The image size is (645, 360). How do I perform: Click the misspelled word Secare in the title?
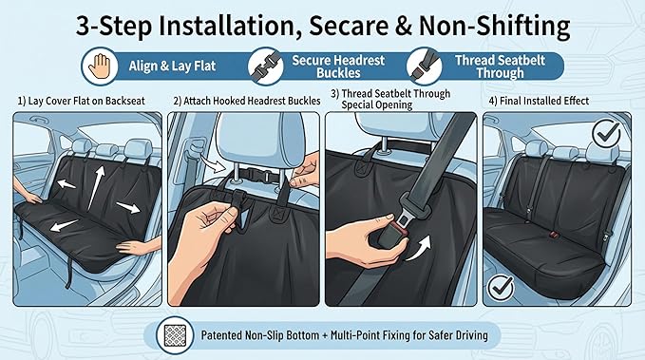coord(349,26)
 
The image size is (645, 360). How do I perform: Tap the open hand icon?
coord(100,66)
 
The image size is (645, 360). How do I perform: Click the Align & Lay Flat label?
coord(172,66)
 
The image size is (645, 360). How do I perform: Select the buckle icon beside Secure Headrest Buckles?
coord(266,66)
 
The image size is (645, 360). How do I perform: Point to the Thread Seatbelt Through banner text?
coord(500,66)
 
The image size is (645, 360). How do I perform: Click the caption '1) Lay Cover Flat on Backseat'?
coord(81,101)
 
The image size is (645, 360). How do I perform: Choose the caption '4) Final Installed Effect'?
coord(539,101)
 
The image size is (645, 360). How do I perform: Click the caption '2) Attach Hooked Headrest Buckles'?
coord(247,101)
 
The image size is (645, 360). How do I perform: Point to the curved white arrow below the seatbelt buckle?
coord(420,249)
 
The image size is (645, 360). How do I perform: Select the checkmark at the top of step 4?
coord(606,133)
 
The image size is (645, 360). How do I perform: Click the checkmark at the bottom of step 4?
coord(501,287)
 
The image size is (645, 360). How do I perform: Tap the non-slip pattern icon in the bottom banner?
coord(175,335)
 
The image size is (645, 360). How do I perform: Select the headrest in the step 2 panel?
coord(258,140)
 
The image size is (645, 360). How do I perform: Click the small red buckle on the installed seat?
coord(554,235)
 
